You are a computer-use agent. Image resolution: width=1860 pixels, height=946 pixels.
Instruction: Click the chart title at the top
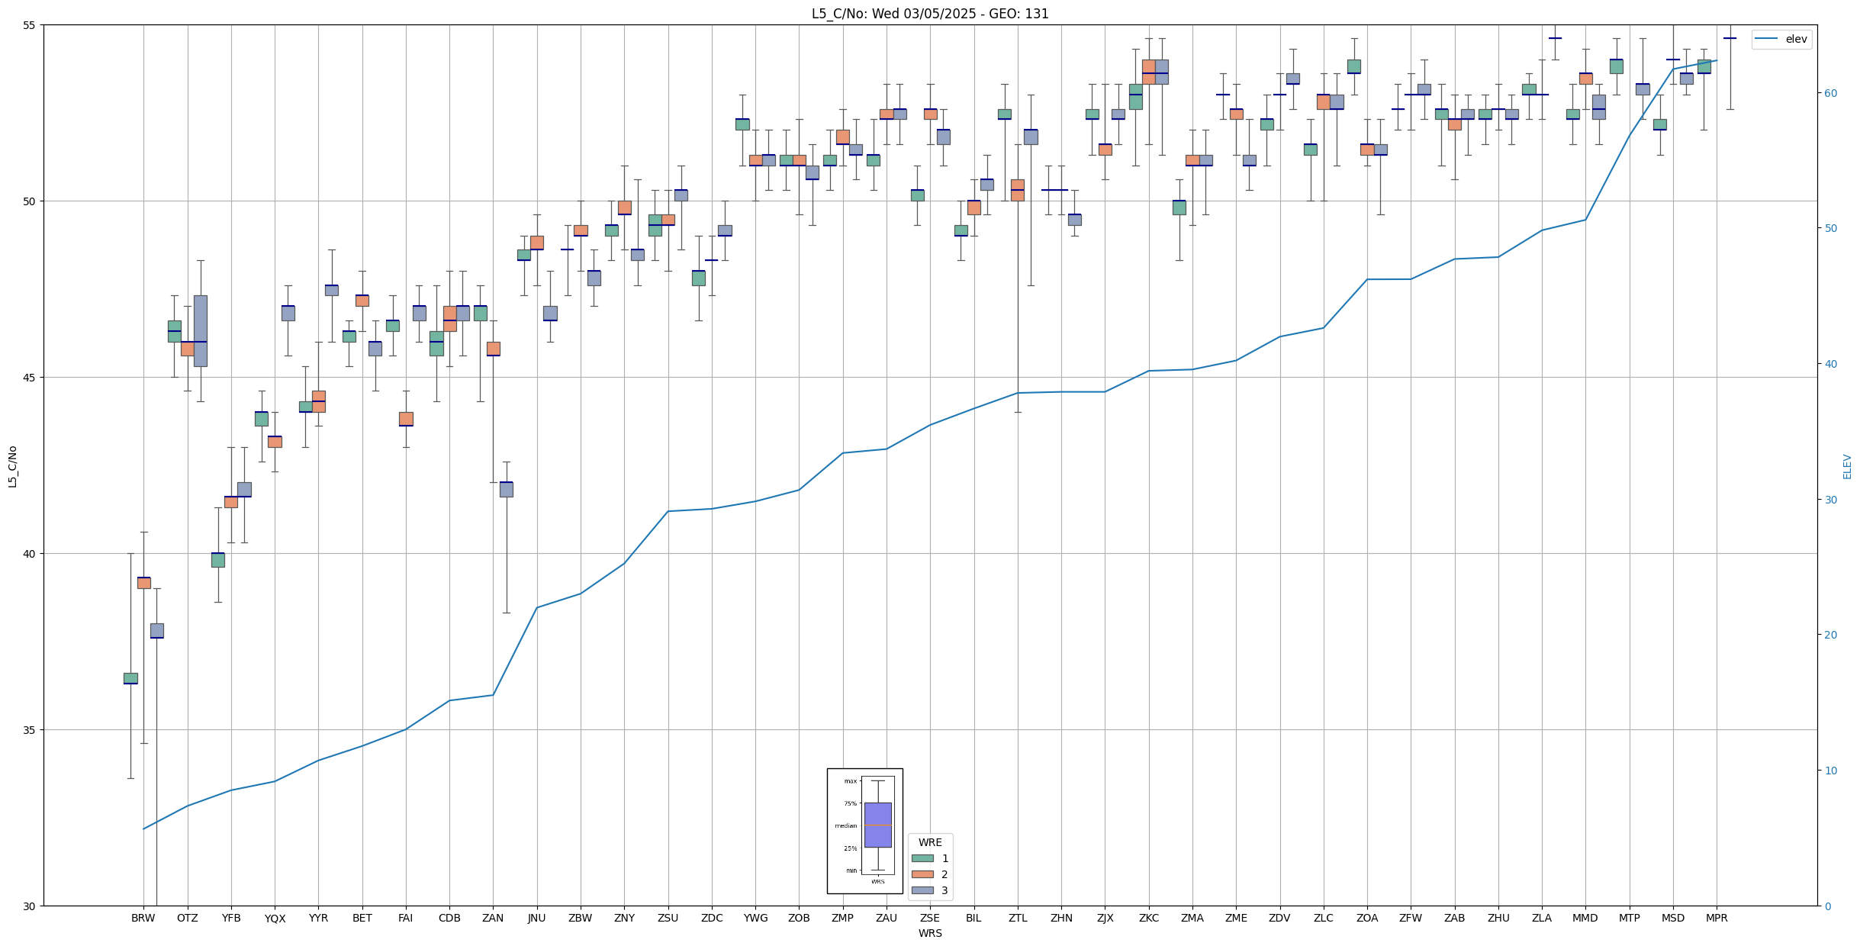pyautogui.click(x=930, y=14)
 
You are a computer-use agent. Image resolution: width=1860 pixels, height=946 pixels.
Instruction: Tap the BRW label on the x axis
pyautogui.click(x=143, y=918)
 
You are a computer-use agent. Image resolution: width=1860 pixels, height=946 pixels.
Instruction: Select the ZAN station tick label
pyautogui.click(x=493, y=918)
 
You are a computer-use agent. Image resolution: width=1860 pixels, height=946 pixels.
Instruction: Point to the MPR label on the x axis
pyautogui.click(x=1717, y=918)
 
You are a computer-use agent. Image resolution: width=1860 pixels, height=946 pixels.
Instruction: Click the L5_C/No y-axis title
pyautogui.click(x=12, y=466)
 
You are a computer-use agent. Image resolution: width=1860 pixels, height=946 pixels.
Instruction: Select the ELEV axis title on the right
pyautogui.click(x=1847, y=466)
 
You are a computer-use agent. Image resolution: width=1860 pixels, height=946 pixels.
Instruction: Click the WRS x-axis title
pyautogui.click(x=930, y=933)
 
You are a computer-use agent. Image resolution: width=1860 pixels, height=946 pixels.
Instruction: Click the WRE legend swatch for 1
pyautogui.click(x=922, y=858)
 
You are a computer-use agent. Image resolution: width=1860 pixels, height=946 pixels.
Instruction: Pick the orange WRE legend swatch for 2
pyautogui.click(x=922, y=874)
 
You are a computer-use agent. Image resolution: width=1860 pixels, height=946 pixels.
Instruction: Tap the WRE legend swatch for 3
pyautogui.click(x=922, y=890)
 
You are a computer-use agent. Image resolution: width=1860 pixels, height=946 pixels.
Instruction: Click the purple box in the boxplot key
pyautogui.click(x=877, y=825)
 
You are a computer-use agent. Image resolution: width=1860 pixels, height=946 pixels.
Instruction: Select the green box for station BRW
pyautogui.click(x=130, y=678)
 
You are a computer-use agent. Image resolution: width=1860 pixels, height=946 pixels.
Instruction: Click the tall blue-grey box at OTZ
pyautogui.click(x=201, y=330)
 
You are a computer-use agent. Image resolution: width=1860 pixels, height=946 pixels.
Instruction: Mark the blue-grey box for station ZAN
pyautogui.click(x=507, y=489)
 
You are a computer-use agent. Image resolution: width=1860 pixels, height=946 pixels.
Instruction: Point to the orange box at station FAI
pyautogui.click(x=406, y=419)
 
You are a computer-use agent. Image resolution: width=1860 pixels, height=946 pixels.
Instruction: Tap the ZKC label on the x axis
pyautogui.click(x=1149, y=918)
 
